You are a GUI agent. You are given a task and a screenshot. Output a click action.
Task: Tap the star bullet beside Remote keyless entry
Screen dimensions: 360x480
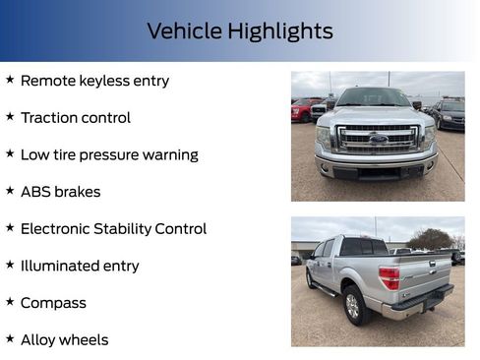[10, 79]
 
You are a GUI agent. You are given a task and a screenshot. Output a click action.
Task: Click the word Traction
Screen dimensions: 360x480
[49, 118]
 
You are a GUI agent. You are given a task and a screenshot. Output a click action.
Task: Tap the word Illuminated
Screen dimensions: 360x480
[60, 266]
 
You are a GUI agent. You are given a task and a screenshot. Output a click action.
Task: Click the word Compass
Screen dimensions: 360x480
[53, 303]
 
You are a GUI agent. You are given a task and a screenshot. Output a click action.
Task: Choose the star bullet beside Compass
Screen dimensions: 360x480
[10, 301]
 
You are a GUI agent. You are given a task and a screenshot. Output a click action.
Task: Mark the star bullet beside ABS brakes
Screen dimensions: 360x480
[10, 190]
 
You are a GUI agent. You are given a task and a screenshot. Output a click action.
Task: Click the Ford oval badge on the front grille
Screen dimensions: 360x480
[378, 140]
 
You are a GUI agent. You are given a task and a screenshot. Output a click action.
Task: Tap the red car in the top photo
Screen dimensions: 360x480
[302, 110]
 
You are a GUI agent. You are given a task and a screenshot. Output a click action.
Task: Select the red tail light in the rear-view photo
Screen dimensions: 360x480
[390, 277]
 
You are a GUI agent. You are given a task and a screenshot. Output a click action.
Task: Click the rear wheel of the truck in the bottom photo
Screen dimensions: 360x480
[352, 305]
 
